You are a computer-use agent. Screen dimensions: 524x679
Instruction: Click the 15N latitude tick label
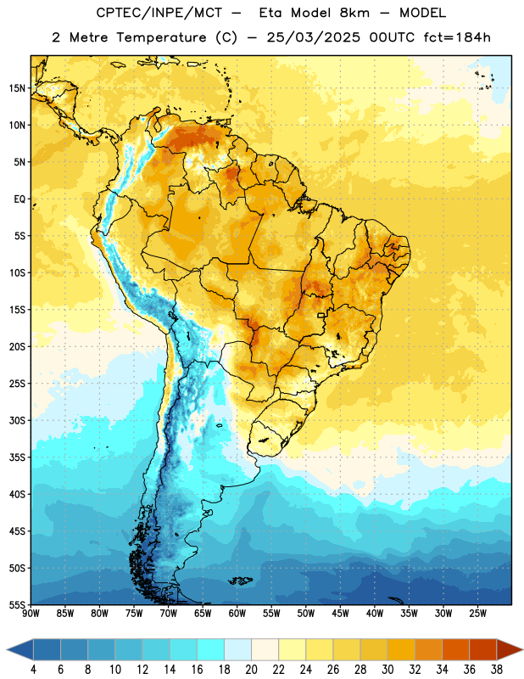pyautogui.click(x=17, y=88)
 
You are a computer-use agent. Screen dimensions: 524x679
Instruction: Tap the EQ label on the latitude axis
pyautogui.click(x=20, y=199)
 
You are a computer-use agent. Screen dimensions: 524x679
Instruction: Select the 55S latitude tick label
pyautogui.click(x=17, y=604)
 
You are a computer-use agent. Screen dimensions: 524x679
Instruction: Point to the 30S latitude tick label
pyautogui.click(x=17, y=420)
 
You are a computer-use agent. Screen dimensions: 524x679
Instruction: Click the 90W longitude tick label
pyautogui.click(x=31, y=614)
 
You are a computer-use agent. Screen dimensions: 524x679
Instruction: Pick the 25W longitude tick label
pyautogui.click(x=477, y=614)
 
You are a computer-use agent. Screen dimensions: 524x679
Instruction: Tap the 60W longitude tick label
pyautogui.click(x=237, y=614)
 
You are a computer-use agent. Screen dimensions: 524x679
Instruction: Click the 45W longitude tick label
pyautogui.click(x=340, y=614)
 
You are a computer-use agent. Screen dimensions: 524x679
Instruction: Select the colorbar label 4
pyautogui.click(x=33, y=670)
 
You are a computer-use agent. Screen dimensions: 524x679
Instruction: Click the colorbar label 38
pyautogui.click(x=497, y=670)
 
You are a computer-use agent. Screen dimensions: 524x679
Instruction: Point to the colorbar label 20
pyautogui.click(x=251, y=670)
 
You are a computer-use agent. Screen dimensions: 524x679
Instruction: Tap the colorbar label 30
pyautogui.click(x=387, y=670)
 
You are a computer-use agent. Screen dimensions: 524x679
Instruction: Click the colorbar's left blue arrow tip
pyautogui.click(x=7, y=649)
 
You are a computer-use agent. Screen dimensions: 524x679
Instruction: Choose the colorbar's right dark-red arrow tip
pyautogui.click(x=522, y=649)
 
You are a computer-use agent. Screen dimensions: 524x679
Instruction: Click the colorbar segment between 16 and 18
pyautogui.click(x=210, y=649)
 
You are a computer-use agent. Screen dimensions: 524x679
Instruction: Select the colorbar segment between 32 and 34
pyautogui.click(x=428, y=649)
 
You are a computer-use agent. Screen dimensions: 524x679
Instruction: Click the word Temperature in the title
pyautogui.click(x=161, y=37)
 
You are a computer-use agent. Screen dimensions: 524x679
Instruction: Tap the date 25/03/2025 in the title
pyautogui.click(x=313, y=37)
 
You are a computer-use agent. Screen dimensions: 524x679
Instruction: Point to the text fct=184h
pyautogui.click(x=457, y=37)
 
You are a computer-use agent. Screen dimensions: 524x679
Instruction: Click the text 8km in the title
pyautogui.click(x=354, y=13)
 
